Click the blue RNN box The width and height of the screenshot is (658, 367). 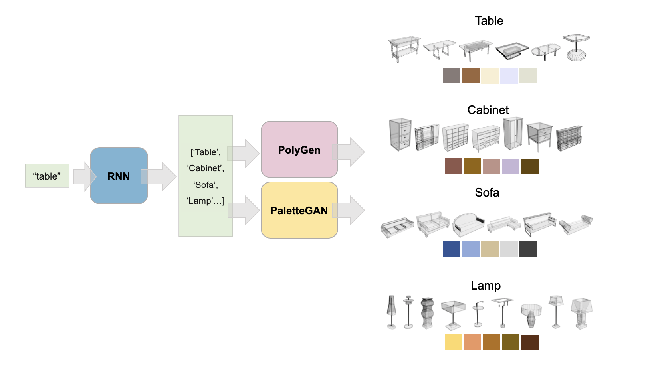tap(119, 176)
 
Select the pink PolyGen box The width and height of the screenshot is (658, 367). tap(299, 150)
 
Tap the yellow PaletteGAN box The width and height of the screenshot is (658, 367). tap(299, 210)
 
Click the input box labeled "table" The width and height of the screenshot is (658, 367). tap(47, 176)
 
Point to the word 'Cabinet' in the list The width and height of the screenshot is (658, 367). tap(206, 168)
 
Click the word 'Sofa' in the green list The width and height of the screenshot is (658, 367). tap(205, 185)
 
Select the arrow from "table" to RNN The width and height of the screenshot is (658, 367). tap(85, 176)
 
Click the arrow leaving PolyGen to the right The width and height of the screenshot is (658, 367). tap(349, 152)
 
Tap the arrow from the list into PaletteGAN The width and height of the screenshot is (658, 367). tap(244, 210)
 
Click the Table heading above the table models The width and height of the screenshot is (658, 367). tap(489, 21)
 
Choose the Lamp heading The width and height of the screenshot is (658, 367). tap(486, 286)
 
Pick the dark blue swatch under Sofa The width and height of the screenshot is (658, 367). tap(452, 249)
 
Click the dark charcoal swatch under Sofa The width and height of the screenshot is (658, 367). tap(528, 249)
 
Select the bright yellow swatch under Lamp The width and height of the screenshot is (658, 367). tap(454, 342)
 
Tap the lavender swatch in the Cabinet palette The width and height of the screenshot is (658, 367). tap(511, 166)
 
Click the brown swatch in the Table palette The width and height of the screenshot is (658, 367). tap(471, 75)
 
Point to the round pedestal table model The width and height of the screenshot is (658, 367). tap(576, 47)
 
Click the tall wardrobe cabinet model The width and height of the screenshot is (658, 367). tap(513, 134)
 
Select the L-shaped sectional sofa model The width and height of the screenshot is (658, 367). tap(504, 225)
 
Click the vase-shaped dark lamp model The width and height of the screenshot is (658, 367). tap(427, 313)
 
